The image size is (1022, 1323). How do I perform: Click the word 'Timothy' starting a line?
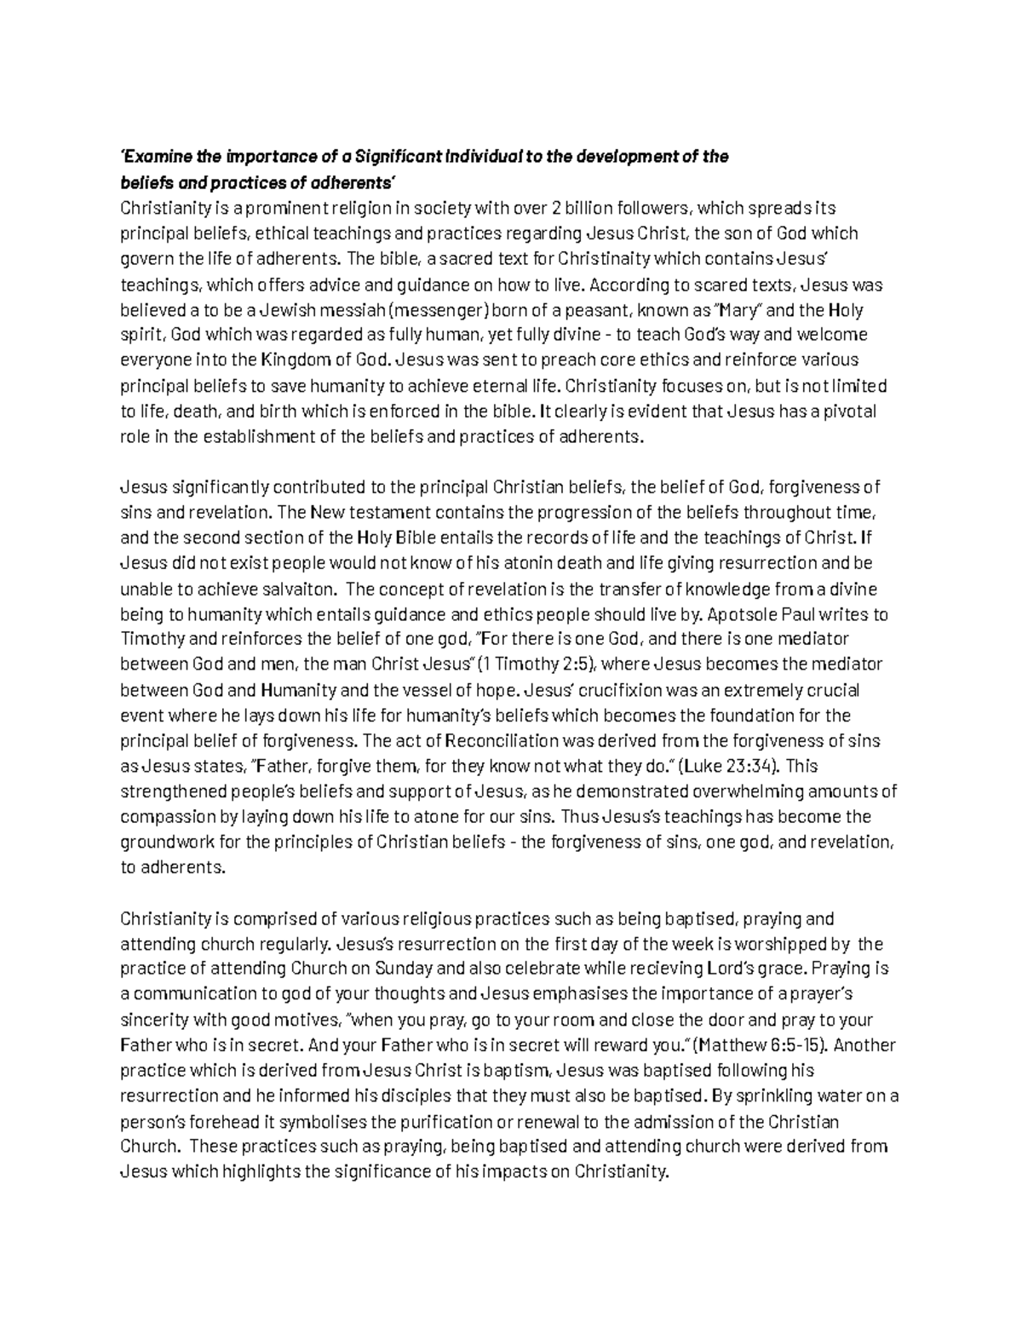[x=149, y=639]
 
